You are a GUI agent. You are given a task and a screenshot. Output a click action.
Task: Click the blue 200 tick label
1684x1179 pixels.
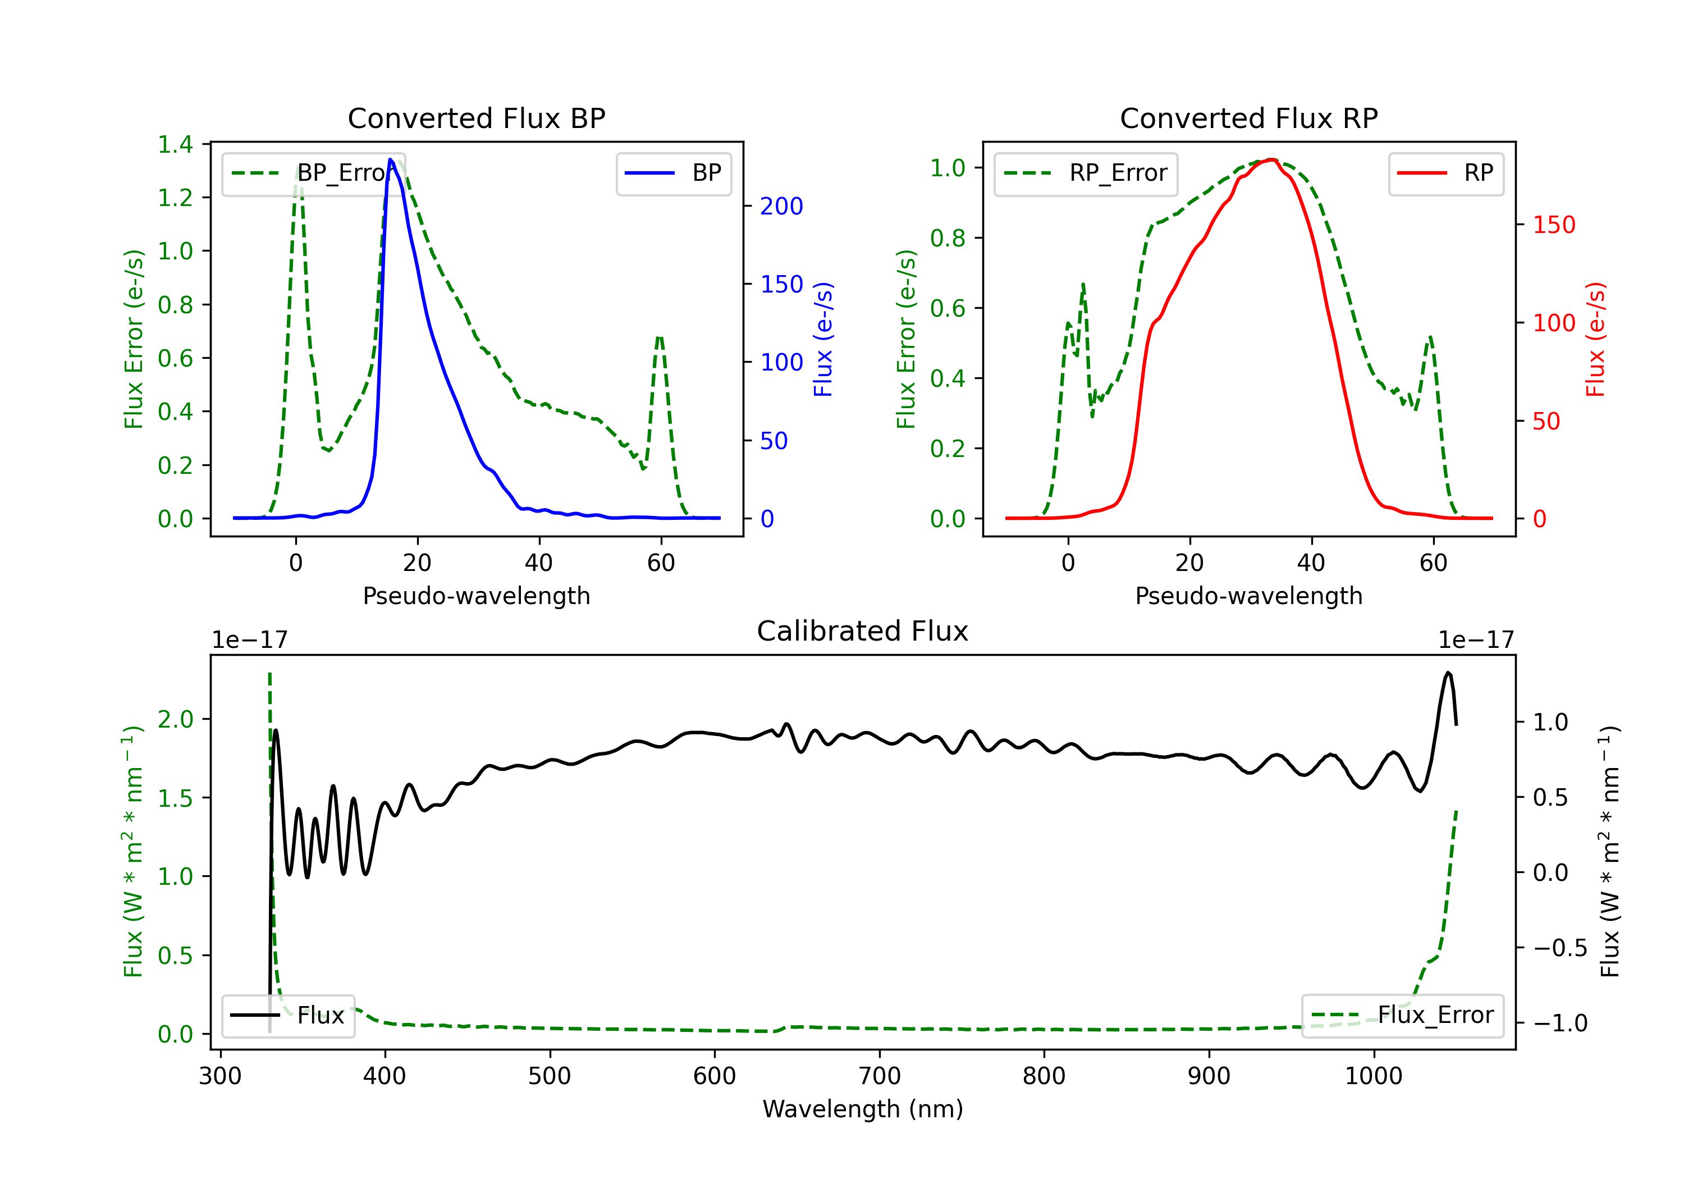coord(781,206)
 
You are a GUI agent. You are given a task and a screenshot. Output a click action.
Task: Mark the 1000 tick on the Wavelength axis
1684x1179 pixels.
coord(1373,1076)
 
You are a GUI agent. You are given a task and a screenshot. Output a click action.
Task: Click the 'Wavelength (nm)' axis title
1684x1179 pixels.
coord(863,1109)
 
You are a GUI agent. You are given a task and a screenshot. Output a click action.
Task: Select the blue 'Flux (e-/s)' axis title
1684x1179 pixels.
coord(823,339)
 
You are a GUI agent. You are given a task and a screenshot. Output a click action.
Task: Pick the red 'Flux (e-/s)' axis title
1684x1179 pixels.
coord(1596,339)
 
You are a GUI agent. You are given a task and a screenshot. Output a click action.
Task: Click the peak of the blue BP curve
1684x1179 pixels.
coord(390,159)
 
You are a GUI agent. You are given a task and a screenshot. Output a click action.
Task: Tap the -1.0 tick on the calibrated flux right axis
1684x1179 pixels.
coord(1560,1023)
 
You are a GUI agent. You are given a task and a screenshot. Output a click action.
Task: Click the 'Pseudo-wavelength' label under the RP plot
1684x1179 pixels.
coord(1248,596)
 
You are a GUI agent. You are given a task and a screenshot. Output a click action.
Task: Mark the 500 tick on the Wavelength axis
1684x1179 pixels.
coord(550,1076)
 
